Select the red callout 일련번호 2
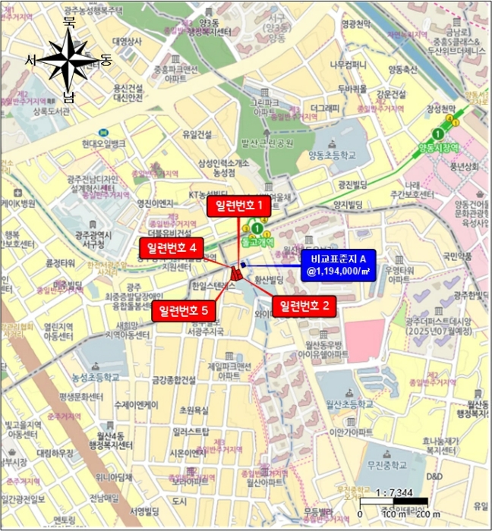304,306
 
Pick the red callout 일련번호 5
185,309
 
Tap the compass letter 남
69,96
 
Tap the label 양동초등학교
331,155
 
